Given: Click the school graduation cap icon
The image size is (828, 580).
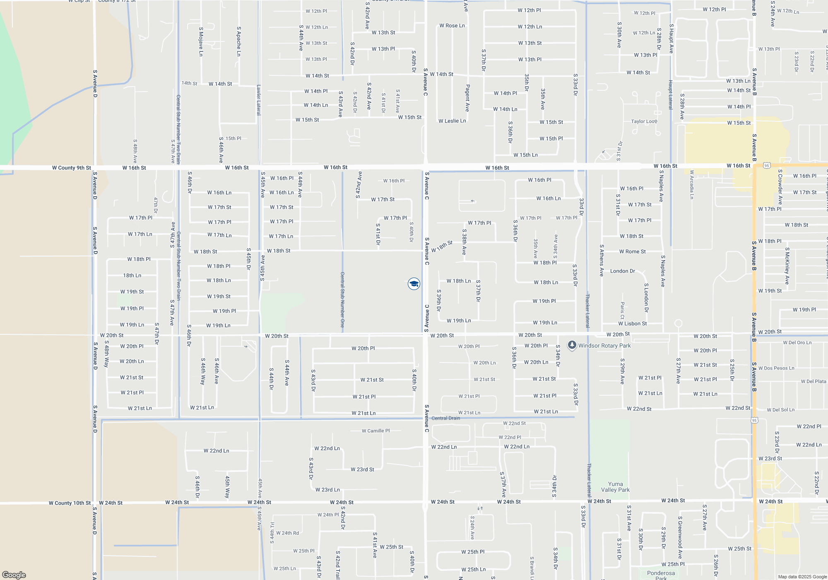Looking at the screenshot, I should (x=414, y=284).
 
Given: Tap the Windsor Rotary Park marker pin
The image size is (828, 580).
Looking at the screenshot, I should (x=572, y=345).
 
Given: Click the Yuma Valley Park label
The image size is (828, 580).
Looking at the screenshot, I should (x=615, y=487).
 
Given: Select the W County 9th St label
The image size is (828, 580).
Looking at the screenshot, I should (x=71, y=168).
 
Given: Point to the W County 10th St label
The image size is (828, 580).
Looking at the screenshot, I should (x=70, y=503).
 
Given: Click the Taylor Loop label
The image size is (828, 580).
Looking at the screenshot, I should (x=644, y=121).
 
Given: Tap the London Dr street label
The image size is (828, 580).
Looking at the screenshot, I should (x=622, y=271).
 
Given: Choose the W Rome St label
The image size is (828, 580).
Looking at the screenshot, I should (x=632, y=251).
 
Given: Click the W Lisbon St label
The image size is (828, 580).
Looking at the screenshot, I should (x=632, y=324).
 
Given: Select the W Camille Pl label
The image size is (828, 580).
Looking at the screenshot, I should (x=375, y=431).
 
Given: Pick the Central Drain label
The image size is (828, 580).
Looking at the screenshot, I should (x=445, y=418).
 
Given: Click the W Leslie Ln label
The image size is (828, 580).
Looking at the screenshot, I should (x=452, y=121).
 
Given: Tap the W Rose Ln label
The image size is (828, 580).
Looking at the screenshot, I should (x=452, y=26).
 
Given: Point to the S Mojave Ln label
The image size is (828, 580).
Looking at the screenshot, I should (x=201, y=41).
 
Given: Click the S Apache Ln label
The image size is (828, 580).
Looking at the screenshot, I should (x=239, y=41).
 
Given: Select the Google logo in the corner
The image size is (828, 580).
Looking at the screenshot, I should (x=14, y=575).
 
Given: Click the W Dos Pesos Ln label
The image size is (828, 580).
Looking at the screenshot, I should (x=776, y=368).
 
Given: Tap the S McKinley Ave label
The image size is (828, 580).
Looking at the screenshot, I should (x=787, y=266).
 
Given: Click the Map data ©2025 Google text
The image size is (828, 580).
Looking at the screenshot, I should (x=802, y=577).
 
